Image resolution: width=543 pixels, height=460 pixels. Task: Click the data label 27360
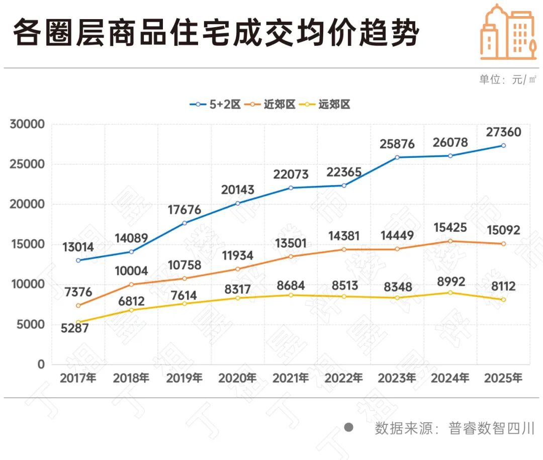click(x=503, y=132)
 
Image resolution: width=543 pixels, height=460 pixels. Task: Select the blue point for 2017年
click(x=78, y=260)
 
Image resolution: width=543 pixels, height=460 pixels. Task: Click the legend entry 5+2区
click(x=215, y=105)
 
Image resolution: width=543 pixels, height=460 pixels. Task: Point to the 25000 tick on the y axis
click(x=27, y=164)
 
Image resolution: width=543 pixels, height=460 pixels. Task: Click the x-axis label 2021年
click(x=290, y=378)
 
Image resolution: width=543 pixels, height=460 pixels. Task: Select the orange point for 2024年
click(x=450, y=241)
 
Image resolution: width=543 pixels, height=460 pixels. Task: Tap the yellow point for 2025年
click(x=503, y=300)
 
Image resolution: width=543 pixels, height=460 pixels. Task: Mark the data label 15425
click(x=450, y=228)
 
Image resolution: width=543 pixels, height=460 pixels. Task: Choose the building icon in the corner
click(x=507, y=31)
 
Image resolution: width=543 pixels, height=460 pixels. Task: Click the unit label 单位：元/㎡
click(x=508, y=79)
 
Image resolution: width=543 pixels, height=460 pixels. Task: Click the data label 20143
click(x=237, y=190)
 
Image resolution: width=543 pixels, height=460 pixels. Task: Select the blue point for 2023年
click(x=397, y=157)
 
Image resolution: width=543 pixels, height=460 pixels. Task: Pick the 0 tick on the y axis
click(x=41, y=364)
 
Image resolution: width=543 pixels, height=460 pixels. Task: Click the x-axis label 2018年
click(x=131, y=378)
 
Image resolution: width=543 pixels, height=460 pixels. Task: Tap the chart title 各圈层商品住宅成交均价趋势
click(x=215, y=34)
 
